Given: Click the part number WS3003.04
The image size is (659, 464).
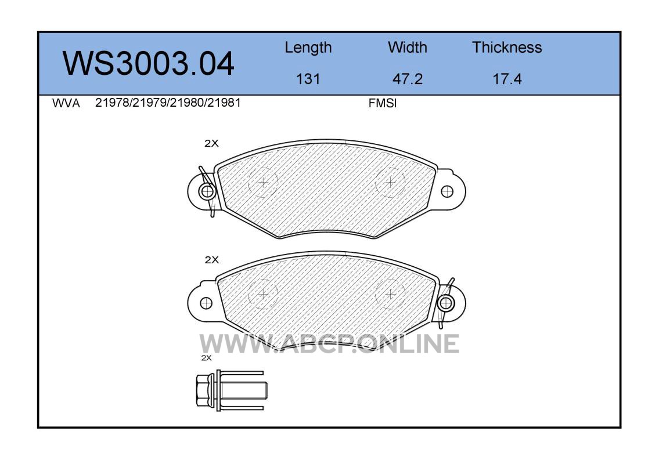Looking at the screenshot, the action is [149, 64].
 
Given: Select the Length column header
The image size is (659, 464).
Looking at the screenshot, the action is [308, 48].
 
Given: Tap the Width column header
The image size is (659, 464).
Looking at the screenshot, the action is [407, 47].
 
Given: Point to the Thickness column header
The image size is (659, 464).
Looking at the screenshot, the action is [507, 47].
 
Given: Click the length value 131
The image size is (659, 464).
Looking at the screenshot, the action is [308, 79].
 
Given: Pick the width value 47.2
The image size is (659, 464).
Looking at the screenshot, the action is [407, 79].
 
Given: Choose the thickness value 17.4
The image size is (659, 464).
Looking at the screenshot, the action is [507, 79].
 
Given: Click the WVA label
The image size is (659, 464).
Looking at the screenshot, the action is [66, 103].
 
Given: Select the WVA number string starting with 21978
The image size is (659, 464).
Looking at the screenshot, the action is [168, 103].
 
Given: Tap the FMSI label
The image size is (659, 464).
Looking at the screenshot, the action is [383, 103].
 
